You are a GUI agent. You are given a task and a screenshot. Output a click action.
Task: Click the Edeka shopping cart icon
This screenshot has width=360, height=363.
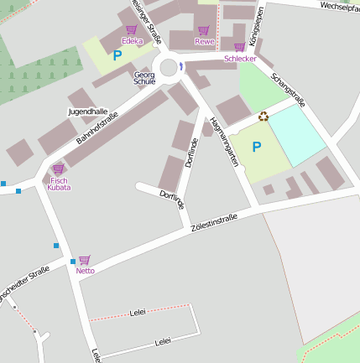click(x=131, y=30)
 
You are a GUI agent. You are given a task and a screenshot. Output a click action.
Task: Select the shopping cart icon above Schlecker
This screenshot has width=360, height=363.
click(x=239, y=47)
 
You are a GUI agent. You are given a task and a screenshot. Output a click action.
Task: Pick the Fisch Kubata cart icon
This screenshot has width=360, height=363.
click(x=58, y=169)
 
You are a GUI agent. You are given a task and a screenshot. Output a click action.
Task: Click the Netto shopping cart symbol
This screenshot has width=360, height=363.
click(x=84, y=260)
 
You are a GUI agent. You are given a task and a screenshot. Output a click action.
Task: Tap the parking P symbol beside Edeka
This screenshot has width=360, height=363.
click(x=117, y=55)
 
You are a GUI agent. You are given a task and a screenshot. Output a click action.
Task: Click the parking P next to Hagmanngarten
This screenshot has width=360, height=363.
click(x=256, y=147)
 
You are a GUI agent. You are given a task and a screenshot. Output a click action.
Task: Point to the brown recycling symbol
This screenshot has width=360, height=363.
click(x=263, y=117)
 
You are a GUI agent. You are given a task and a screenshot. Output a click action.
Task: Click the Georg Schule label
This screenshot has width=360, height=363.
click(x=144, y=79)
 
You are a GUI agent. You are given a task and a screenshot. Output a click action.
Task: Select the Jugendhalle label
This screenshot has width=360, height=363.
click(x=87, y=111)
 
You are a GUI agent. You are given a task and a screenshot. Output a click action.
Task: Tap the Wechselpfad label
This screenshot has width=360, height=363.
click(x=339, y=6)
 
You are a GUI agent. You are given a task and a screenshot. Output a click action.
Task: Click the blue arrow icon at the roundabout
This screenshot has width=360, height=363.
click(x=180, y=67)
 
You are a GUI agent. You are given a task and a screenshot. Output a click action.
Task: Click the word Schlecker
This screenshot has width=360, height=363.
click(x=240, y=59)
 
